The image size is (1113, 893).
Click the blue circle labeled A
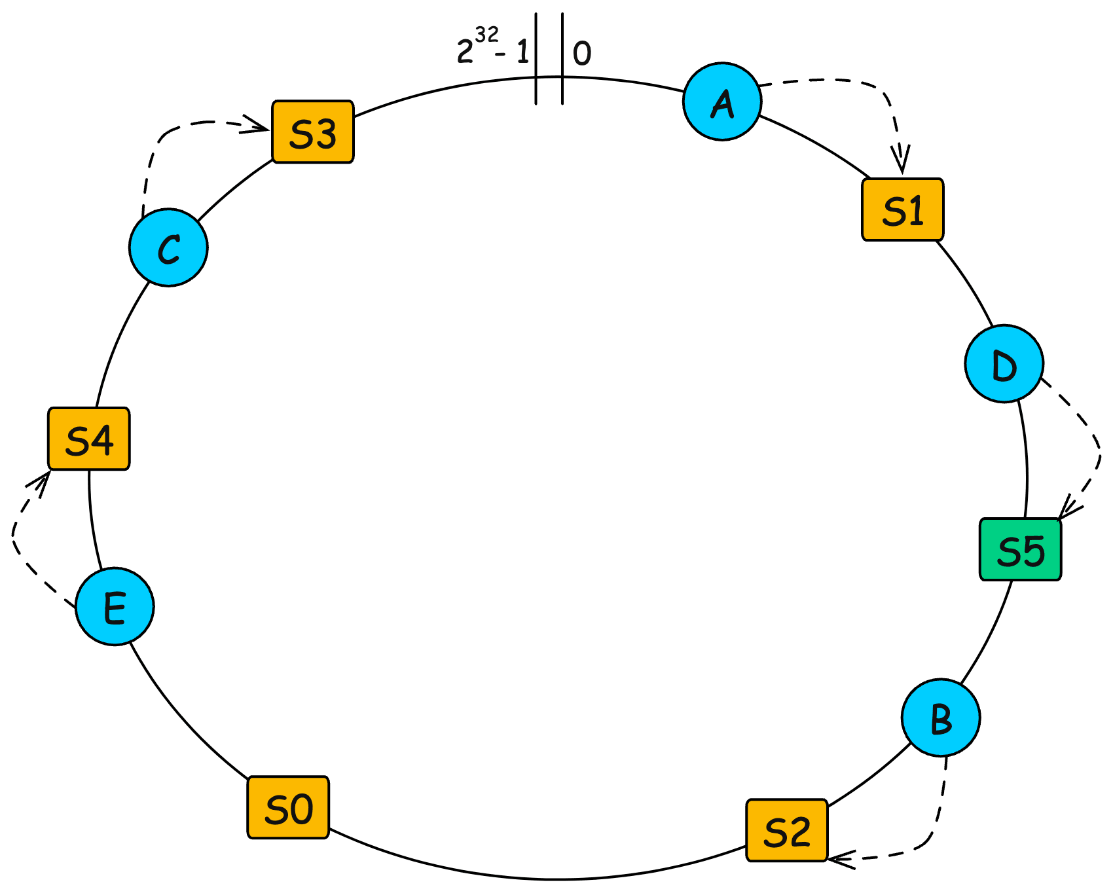[x=722, y=101]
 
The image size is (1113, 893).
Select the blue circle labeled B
[x=941, y=718]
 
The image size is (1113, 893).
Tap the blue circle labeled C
[x=168, y=247]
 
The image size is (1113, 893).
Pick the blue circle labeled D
[x=1004, y=363]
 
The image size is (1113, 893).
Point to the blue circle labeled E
[x=115, y=606]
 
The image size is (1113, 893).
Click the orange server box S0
[x=288, y=807]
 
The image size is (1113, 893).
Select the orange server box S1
[x=902, y=210]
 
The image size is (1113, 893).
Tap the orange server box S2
[x=787, y=830]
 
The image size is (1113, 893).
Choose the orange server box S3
[x=313, y=132]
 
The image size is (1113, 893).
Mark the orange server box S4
[x=89, y=439]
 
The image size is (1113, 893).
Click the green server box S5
[x=1020, y=549]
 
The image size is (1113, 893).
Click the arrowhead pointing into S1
[x=902, y=164]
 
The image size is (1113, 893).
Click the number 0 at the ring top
[x=582, y=54]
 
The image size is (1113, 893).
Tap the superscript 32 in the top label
[x=487, y=34]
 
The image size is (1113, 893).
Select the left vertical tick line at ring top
[x=536, y=59]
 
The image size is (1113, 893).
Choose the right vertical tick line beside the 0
[x=562, y=59]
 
